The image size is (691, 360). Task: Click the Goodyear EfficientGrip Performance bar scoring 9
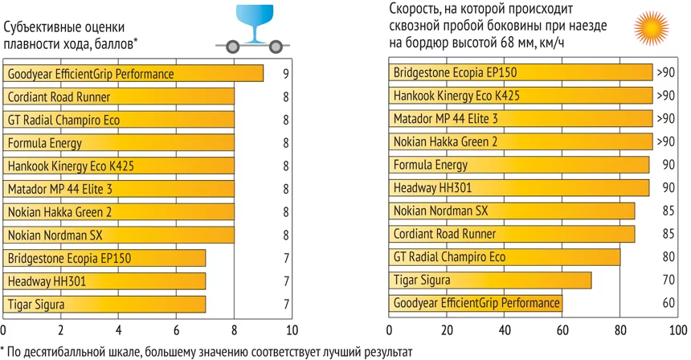pos(133,74)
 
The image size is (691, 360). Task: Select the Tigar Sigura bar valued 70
pos(490,280)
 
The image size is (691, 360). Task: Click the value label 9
pos(285,74)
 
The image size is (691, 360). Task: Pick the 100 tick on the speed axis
pos(677,331)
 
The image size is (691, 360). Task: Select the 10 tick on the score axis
pos(292,331)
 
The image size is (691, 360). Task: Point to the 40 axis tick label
pos(505,331)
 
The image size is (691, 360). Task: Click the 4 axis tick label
pos(119,331)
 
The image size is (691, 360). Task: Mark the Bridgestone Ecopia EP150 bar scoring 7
pos(104,259)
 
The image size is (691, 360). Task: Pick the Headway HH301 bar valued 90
pos(519,188)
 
